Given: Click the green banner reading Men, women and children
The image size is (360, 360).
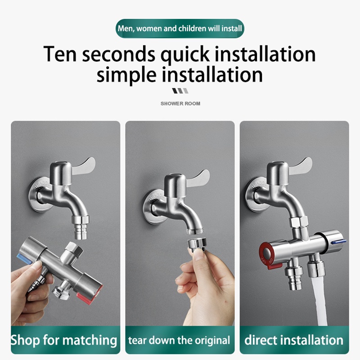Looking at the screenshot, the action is pyautogui.click(x=180, y=28).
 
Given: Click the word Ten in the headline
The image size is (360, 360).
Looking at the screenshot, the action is pyautogui.click(x=60, y=54).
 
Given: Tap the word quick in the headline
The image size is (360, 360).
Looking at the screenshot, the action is pyautogui.click(x=185, y=55).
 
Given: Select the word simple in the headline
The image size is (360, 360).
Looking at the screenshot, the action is pyautogui.click(x=126, y=75).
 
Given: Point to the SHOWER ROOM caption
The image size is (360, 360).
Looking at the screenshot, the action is pyautogui.click(x=180, y=103).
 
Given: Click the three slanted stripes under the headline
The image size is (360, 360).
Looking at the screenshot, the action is pyautogui.click(x=180, y=91).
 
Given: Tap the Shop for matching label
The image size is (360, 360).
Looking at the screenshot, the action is pyautogui.click(x=64, y=340).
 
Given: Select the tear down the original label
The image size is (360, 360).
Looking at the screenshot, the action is pyautogui.click(x=179, y=340).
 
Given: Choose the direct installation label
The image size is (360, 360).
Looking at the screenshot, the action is pyautogui.click(x=294, y=340).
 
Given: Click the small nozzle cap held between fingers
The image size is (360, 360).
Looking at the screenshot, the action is pyautogui.click(x=197, y=243).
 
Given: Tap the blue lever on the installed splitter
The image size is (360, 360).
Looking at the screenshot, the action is pyautogui.click(x=339, y=242).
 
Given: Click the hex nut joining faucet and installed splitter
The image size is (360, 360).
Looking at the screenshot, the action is pyautogui.click(x=298, y=221).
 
